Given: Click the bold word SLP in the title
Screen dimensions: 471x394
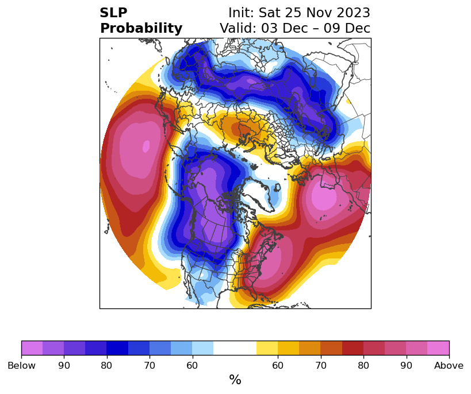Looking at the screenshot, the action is pos(113,13).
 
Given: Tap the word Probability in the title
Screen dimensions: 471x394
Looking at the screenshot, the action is pos(141,28).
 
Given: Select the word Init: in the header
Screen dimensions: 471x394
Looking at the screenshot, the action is pos(241,13).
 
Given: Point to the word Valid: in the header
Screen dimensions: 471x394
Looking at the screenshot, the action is pos(238,28).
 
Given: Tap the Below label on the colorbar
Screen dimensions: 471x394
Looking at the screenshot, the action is pos(21,365).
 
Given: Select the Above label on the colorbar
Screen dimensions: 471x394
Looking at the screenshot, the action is pos(449,365).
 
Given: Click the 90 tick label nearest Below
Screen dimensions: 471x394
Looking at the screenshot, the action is pos(64,365).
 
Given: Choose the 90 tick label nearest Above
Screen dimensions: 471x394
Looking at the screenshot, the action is pos(406,365).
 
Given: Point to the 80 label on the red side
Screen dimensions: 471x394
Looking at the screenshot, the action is pos(363,365).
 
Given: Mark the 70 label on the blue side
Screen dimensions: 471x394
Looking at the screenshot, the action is pos(150,365).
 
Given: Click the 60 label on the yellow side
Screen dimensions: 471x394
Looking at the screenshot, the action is pos(278,365).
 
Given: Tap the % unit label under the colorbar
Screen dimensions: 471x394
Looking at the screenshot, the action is pos(235,380).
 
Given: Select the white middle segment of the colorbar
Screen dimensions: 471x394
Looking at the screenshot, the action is pos(235,348).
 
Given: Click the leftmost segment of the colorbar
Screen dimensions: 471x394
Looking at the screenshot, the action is pos(32,348).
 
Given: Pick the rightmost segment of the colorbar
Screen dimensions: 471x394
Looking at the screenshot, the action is pos(438,348).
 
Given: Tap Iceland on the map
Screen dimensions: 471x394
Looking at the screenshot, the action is pos(277,188).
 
